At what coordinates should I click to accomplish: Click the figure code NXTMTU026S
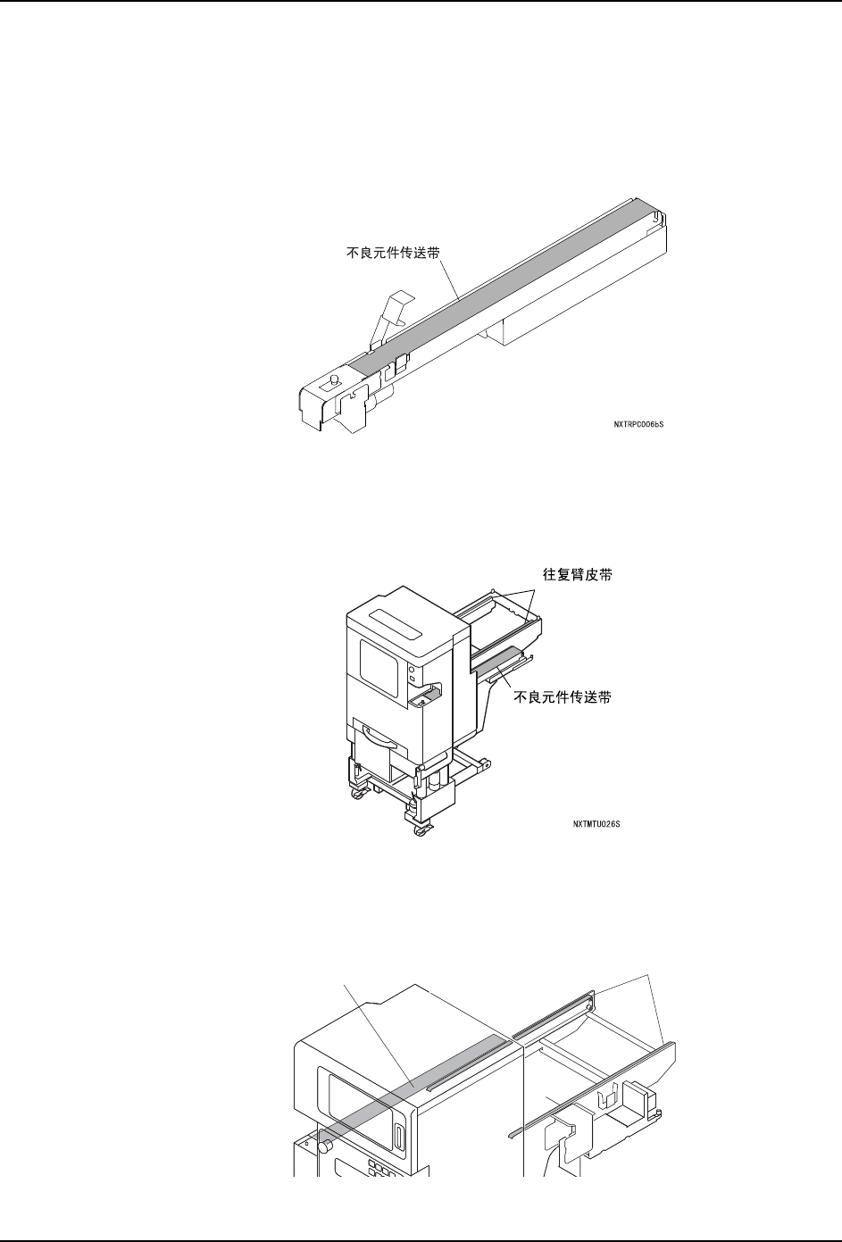point(596,824)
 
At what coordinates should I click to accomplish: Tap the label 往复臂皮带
point(580,576)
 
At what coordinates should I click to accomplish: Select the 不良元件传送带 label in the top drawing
point(393,253)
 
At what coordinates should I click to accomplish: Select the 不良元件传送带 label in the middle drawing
point(563,699)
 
